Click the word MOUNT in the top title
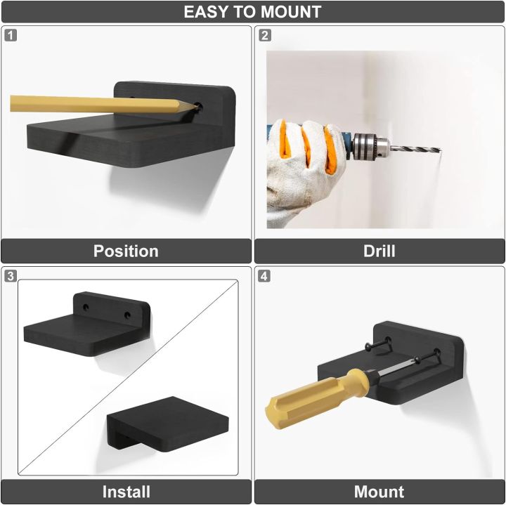[x=291, y=12]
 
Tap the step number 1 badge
[x=11, y=35]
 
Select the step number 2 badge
[x=265, y=35]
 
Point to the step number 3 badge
[x=11, y=276]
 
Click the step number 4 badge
[x=264, y=276]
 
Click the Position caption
[x=126, y=251]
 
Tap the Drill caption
[x=379, y=251]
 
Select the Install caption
[x=126, y=492]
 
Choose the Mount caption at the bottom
[x=379, y=492]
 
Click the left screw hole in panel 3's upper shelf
[x=86, y=308]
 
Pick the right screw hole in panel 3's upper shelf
[x=127, y=315]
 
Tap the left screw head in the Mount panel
[x=369, y=347]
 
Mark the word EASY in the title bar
[x=206, y=12]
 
